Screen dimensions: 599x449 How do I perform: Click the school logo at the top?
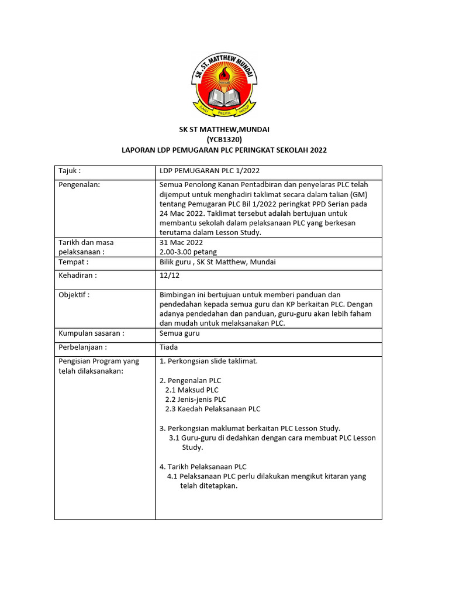[224, 83]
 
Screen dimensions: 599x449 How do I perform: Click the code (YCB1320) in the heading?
[224, 140]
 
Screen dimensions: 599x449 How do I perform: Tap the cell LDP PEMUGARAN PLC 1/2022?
[209, 171]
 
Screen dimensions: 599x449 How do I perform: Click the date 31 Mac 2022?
[181, 242]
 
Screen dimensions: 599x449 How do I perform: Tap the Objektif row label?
[74, 295]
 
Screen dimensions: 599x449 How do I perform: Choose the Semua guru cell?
[179, 333]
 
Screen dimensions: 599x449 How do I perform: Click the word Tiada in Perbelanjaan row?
[169, 347]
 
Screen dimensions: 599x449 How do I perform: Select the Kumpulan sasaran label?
[91, 333]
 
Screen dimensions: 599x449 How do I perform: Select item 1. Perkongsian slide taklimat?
[209, 361]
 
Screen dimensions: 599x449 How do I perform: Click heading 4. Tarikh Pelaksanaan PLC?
[203, 467]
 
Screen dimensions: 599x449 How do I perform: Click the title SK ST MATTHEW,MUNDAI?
[224, 129]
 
